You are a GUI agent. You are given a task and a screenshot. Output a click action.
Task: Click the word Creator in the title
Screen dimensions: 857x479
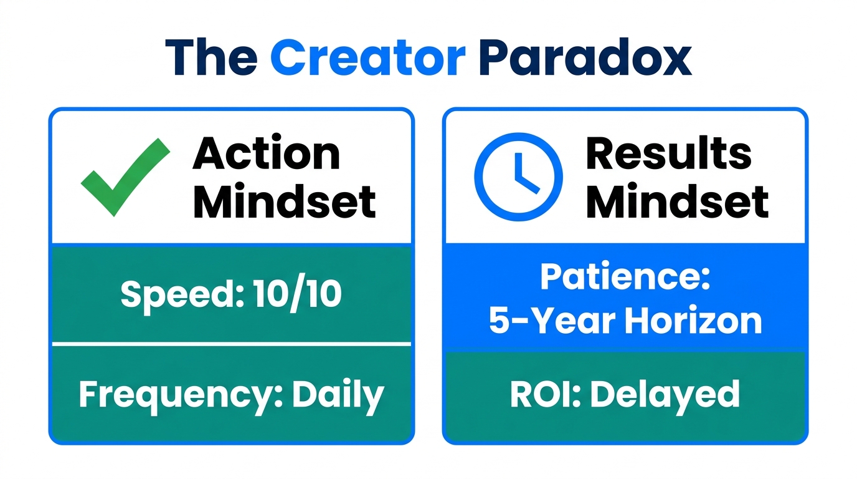coord(367,57)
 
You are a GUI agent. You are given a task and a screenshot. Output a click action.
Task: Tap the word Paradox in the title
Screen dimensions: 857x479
coord(585,57)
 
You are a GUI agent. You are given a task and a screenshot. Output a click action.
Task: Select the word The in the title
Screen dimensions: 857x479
coord(211,57)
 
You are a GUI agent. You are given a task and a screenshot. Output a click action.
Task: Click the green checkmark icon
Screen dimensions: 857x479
coord(125,177)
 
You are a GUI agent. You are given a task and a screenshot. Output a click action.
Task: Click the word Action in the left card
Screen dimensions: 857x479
coord(267,153)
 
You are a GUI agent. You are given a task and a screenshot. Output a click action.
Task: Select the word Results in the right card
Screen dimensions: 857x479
coord(668,153)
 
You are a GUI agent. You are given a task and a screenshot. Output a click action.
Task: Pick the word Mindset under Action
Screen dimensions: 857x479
coord(284,201)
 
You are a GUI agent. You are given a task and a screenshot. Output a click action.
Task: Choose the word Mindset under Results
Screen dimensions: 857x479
coord(677,201)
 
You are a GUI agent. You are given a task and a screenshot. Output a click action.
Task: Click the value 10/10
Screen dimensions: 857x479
coord(297,294)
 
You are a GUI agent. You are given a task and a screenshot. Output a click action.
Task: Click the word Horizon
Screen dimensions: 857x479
coord(693,321)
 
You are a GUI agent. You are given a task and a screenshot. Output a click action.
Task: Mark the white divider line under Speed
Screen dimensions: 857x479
coord(232,344)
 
